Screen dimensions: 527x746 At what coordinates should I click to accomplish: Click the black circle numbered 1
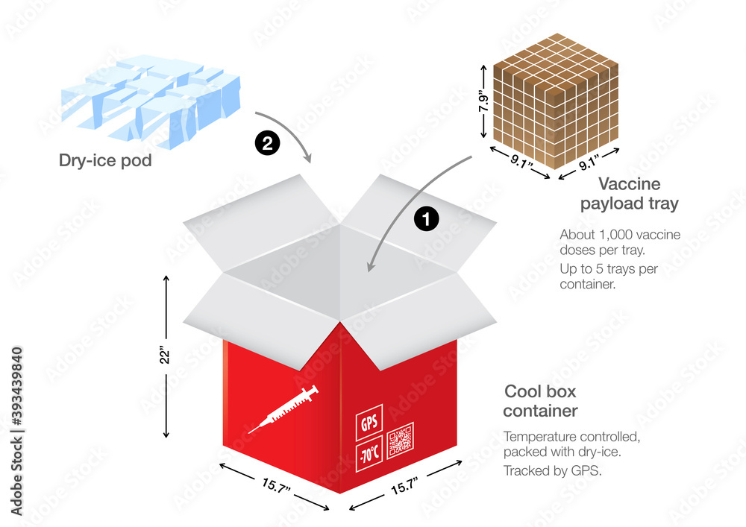426,219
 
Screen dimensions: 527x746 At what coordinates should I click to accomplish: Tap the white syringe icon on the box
283,409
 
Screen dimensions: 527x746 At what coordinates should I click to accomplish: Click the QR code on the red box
400,439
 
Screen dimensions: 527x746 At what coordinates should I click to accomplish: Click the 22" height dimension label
166,356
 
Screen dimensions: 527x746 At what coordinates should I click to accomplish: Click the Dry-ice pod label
105,160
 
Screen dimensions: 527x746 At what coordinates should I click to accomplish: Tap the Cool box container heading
540,400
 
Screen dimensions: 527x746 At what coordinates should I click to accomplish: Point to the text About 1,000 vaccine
620,234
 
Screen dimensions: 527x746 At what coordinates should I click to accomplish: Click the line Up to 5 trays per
609,268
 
